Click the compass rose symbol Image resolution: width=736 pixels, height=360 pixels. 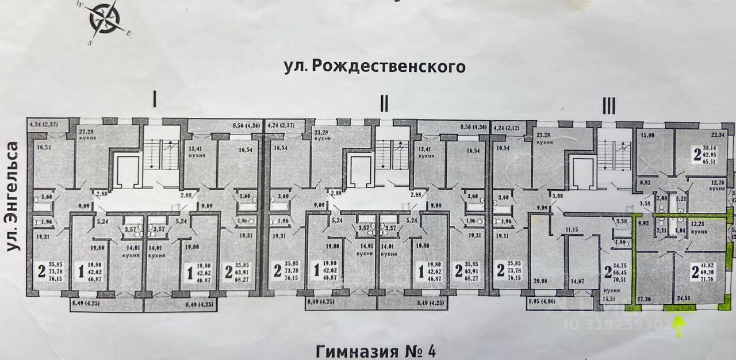point(105,21)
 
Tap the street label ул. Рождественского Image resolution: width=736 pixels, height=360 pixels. point(374,67)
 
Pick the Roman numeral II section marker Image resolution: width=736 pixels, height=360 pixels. point(384,104)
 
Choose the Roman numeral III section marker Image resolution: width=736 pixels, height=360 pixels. point(608,105)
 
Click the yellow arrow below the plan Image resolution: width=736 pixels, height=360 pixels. point(679,328)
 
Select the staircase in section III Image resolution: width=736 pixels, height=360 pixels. point(612,151)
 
